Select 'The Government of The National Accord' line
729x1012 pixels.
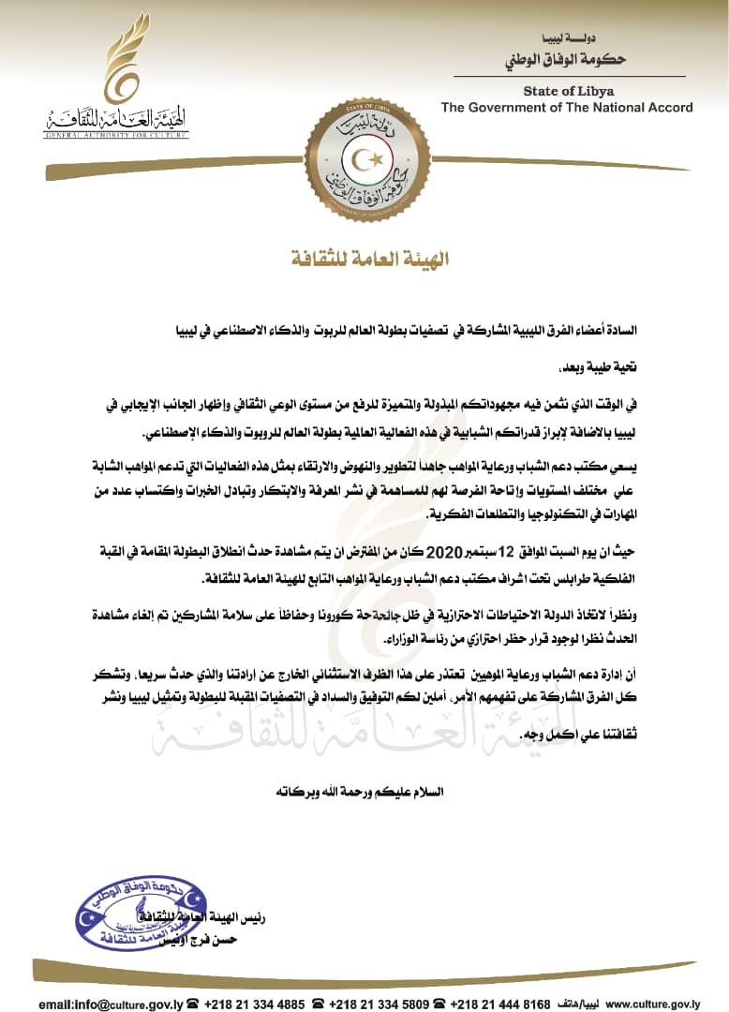(567, 108)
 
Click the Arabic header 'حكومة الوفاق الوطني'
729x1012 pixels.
(574, 59)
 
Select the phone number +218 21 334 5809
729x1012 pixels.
(380, 1004)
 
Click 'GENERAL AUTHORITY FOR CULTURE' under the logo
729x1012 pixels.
(115, 136)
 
